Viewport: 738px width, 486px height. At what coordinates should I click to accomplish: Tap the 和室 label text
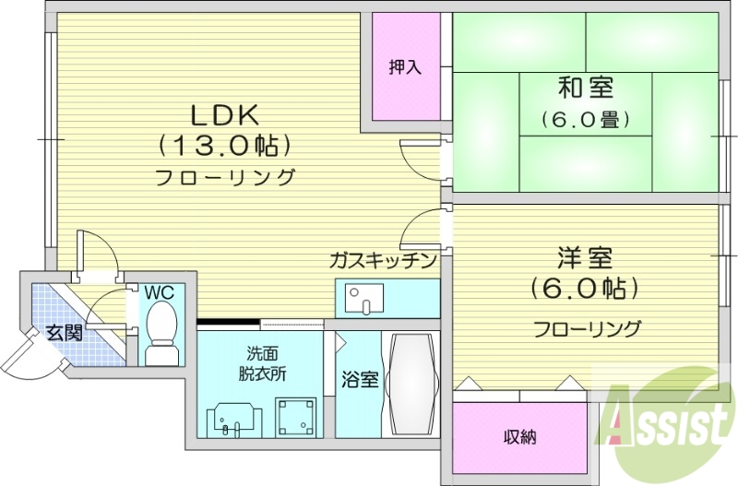tap(586, 89)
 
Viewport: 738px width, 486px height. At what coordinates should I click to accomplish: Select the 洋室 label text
tap(586, 257)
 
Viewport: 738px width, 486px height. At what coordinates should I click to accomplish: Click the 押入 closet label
tap(404, 66)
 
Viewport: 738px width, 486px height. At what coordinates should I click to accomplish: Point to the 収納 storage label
tap(519, 437)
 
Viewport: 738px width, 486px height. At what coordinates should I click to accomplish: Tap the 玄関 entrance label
tap(65, 333)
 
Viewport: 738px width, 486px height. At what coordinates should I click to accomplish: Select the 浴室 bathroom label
tap(359, 380)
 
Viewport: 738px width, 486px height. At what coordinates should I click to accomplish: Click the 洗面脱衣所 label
tap(260, 364)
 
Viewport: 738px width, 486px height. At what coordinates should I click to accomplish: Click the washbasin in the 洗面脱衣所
tap(231, 419)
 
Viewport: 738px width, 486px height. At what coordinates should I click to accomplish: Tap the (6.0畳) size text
tap(586, 119)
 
